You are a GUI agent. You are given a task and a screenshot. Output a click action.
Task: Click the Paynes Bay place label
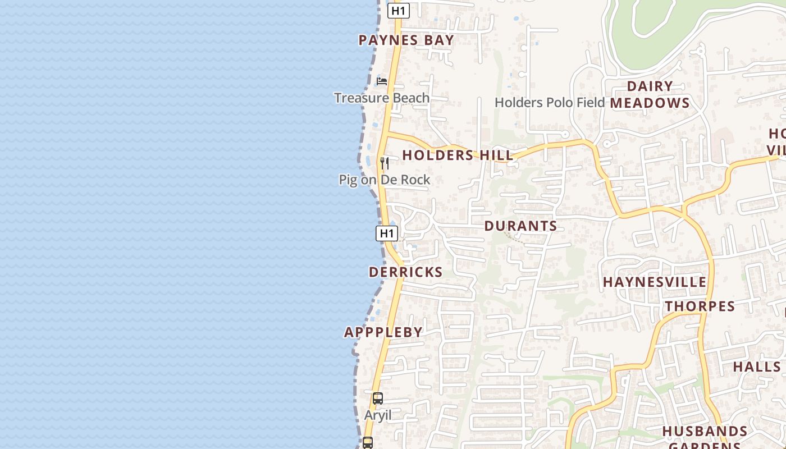[406, 40]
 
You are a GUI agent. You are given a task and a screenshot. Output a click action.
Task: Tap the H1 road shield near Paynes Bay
[398, 11]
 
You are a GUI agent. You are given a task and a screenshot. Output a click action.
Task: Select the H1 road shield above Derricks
[387, 233]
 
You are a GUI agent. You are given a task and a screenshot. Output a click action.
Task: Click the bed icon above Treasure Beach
[382, 81]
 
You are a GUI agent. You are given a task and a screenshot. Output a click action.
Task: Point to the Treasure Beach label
[382, 98]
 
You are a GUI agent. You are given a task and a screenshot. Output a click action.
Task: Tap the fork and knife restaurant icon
[385, 163]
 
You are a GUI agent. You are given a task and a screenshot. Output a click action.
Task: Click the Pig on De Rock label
[385, 180]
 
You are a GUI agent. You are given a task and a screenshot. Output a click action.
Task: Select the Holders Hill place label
[458, 155]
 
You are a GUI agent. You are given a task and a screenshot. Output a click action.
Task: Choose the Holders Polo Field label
[550, 103]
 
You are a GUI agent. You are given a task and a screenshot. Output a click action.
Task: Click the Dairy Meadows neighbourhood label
[650, 95]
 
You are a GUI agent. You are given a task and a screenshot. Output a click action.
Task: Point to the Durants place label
[520, 226]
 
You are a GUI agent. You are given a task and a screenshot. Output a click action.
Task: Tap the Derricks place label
[405, 272]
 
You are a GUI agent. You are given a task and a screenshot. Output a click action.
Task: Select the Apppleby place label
[383, 332]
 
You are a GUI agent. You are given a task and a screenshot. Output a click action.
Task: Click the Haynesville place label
[655, 282]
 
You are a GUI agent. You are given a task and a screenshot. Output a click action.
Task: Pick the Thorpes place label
[700, 306]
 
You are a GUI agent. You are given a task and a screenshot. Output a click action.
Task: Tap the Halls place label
[757, 367]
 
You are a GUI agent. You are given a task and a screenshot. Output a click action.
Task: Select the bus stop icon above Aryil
[378, 399]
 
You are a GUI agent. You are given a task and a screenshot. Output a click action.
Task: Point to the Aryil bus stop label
[378, 416]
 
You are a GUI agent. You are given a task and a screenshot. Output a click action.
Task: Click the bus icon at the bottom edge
[368, 443]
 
